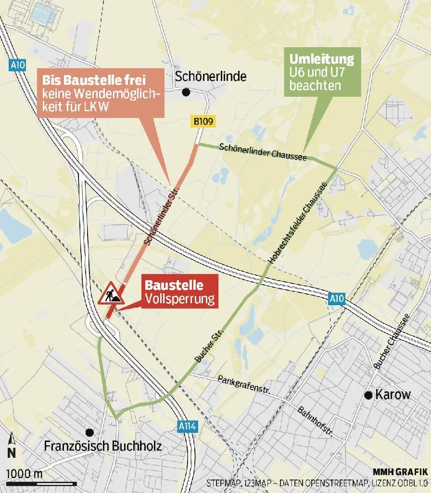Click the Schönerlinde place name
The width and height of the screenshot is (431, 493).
pyautogui.click(x=211, y=77)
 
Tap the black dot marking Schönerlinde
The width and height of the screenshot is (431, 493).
pyautogui.click(x=186, y=92)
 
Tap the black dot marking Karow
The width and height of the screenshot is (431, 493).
pyautogui.click(x=369, y=395)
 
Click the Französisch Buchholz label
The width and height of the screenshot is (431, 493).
pyautogui.click(x=102, y=446)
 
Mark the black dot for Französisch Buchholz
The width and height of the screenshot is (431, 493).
pyautogui.click(x=89, y=432)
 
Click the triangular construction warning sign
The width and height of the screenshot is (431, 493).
pyautogui.click(x=112, y=294)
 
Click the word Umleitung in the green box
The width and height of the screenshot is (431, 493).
pyautogui.click(x=321, y=60)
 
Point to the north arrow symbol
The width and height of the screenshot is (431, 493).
pyautogui.click(x=12, y=446)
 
